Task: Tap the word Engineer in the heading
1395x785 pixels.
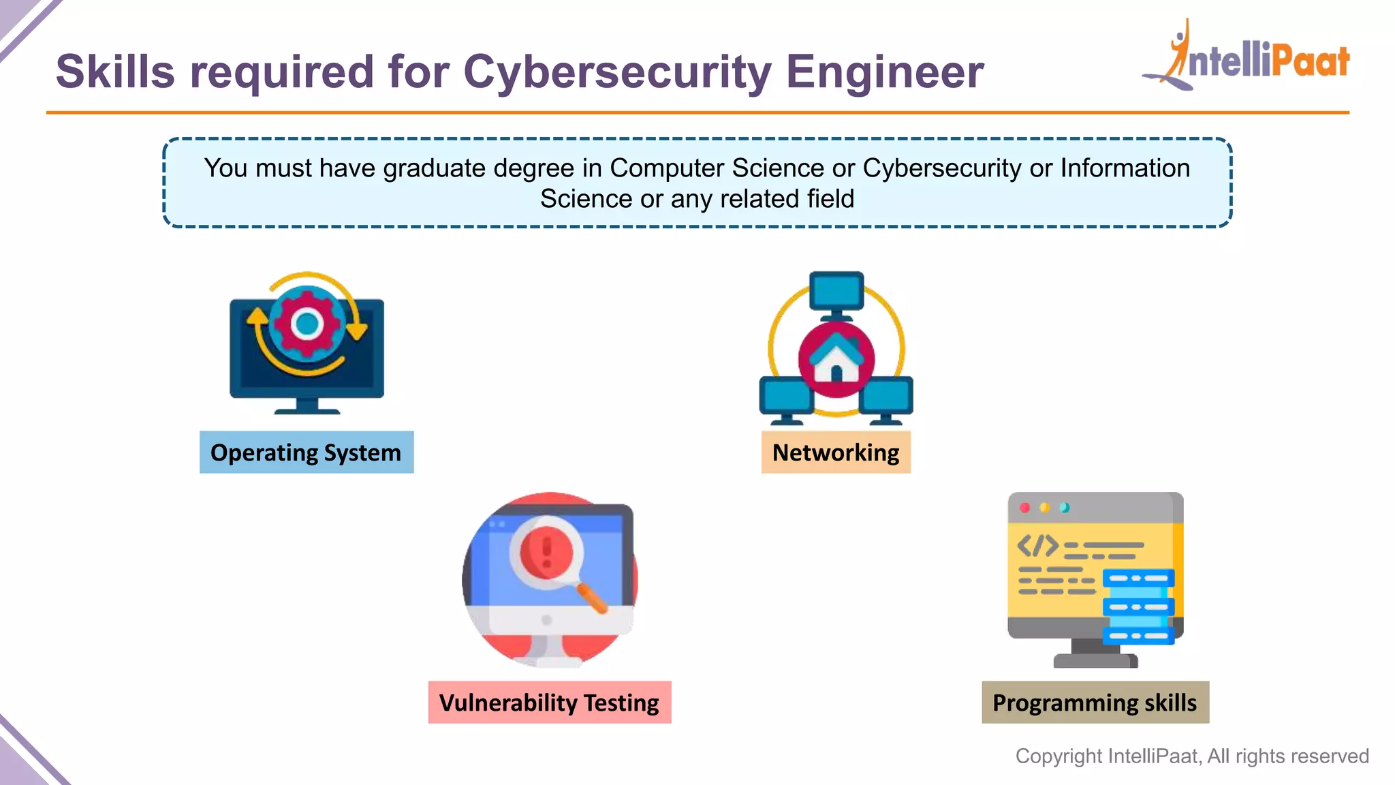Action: [884, 72]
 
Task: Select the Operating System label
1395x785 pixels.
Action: [306, 452]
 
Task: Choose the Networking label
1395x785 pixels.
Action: [836, 452]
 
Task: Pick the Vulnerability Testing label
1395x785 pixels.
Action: [549, 703]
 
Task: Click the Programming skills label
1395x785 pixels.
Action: [1095, 703]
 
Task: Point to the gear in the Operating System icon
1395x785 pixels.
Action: [307, 324]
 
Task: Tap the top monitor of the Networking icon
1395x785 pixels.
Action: [836, 292]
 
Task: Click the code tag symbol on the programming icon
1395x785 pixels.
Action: [1037, 545]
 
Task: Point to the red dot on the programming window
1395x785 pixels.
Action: [1024, 508]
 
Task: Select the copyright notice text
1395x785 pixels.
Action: [1191, 756]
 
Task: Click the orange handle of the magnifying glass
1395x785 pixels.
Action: [592, 598]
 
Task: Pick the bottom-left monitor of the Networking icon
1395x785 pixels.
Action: [785, 396]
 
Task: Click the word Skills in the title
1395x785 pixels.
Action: [115, 72]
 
